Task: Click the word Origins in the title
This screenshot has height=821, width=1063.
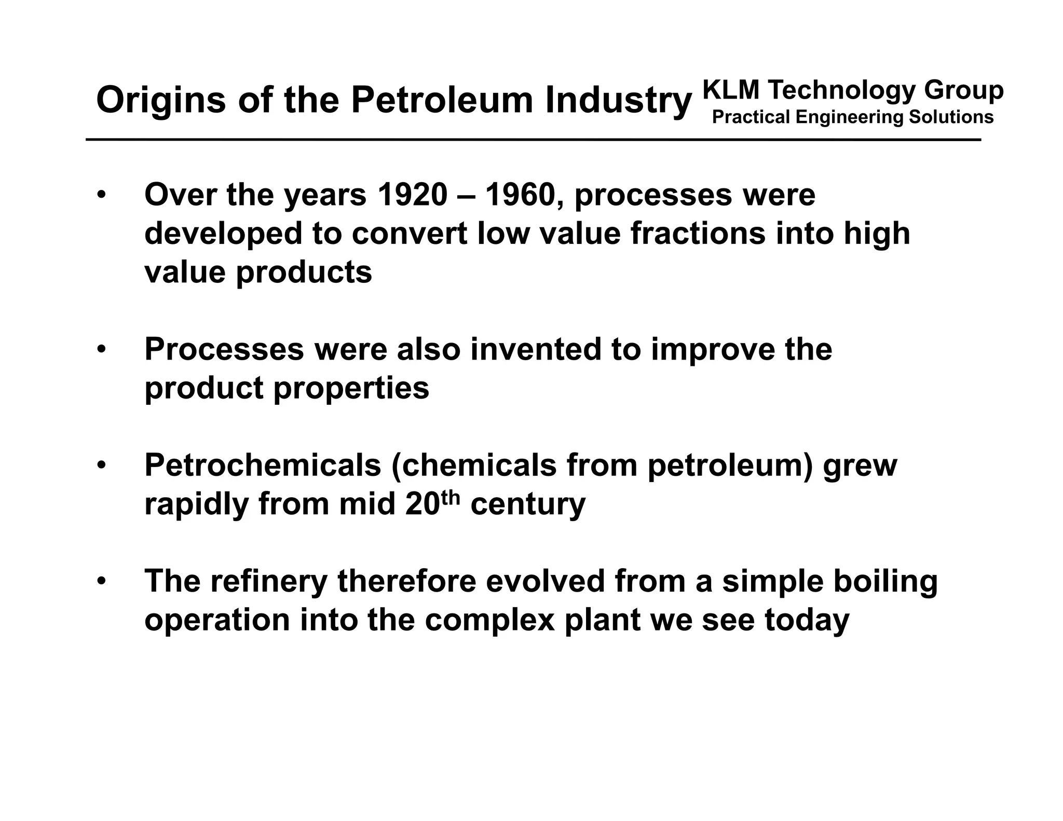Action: (161, 100)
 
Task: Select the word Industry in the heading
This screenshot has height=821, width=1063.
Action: (618, 100)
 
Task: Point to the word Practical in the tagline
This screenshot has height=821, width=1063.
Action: (751, 117)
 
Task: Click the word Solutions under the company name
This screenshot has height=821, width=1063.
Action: (951, 117)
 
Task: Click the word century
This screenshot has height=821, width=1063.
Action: (527, 504)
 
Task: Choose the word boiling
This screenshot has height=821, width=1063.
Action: (885, 581)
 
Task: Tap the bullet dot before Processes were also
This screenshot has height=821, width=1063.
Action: (101, 349)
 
